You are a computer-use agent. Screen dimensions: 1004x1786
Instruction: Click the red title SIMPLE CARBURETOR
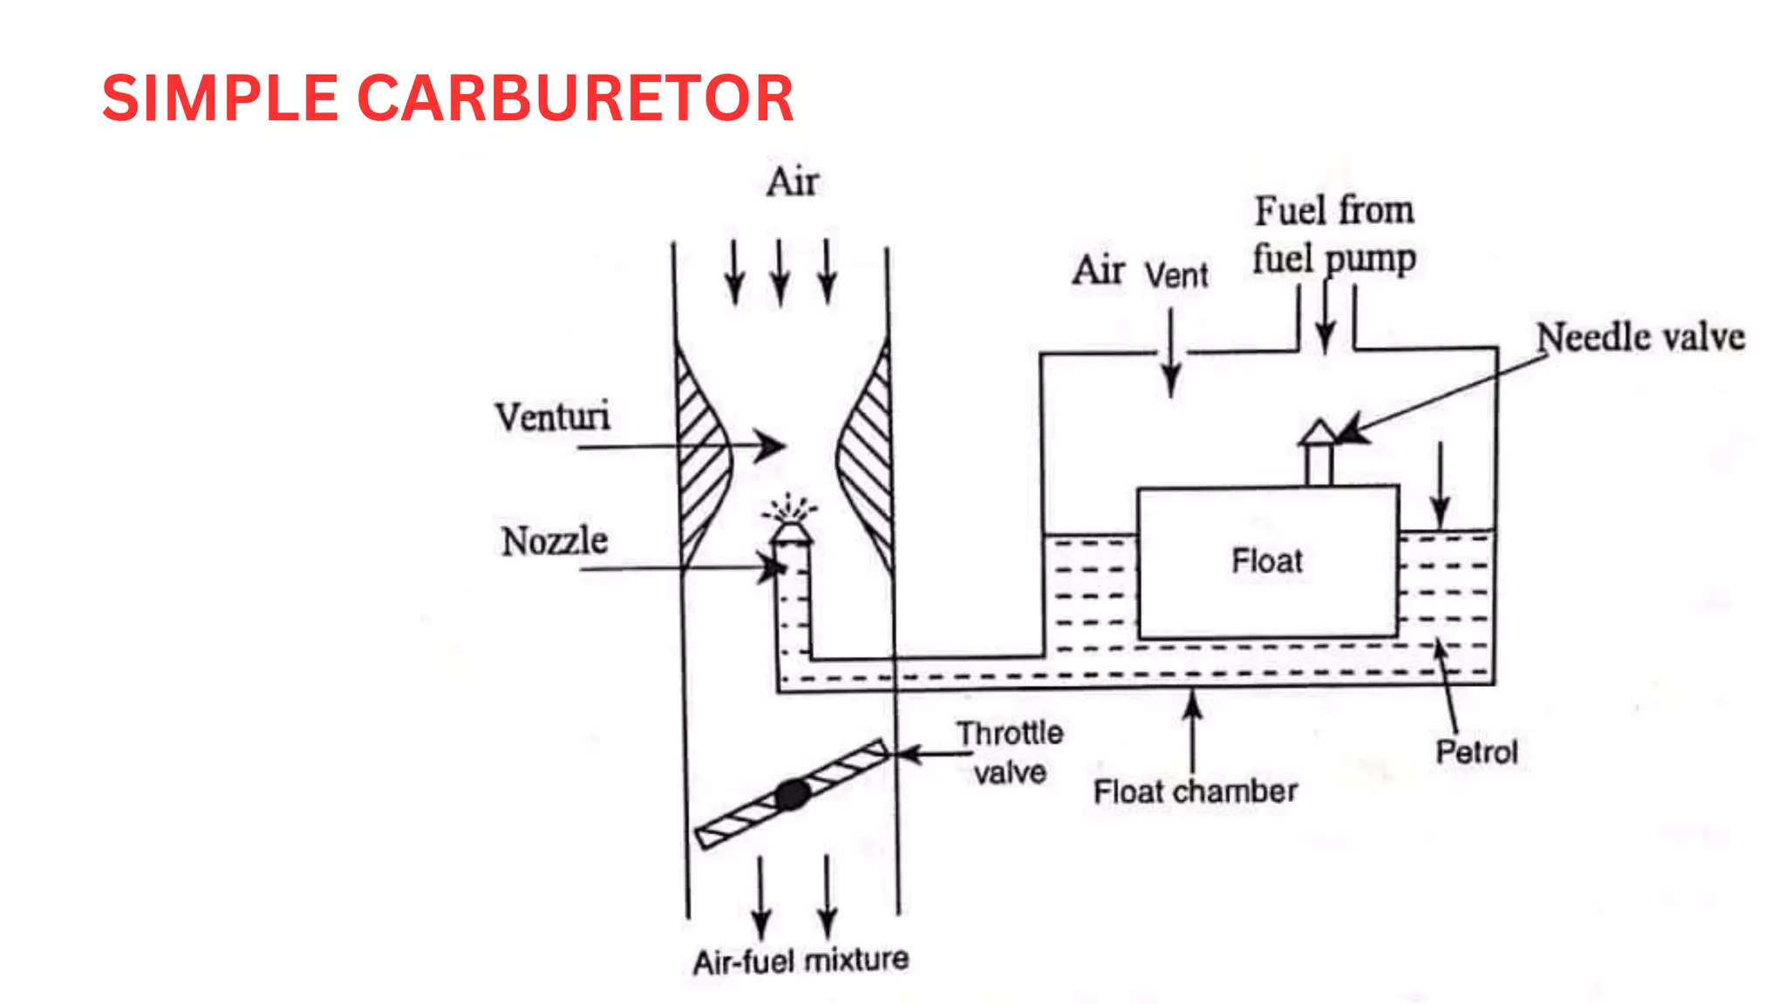click(x=447, y=98)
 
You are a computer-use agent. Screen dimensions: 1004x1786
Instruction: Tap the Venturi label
click(x=553, y=417)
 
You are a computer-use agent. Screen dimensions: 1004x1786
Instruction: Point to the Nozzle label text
click(x=555, y=541)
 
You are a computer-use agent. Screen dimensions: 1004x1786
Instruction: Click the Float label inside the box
click(x=1266, y=560)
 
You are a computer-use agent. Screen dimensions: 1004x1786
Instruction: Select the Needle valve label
click(x=1639, y=337)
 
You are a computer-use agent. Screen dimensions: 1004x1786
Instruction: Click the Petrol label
click(x=1476, y=752)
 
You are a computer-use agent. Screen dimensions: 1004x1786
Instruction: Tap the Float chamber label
click(x=1195, y=791)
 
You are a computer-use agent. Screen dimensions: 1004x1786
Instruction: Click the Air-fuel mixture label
click(x=801, y=960)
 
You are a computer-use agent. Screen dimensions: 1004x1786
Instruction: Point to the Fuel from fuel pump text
click(x=1334, y=234)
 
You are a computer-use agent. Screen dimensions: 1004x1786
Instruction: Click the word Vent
click(x=1176, y=276)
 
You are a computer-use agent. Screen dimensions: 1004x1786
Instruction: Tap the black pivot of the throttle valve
click(x=793, y=794)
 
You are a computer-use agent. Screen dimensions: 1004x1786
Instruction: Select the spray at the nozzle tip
click(x=790, y=507)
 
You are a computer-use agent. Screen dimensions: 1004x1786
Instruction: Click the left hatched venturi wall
click(x=700, y=453)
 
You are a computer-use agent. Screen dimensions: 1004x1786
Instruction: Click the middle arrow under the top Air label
click(x=781, y=273)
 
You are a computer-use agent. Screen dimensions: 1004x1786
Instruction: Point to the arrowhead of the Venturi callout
click(x=771, y=445)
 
